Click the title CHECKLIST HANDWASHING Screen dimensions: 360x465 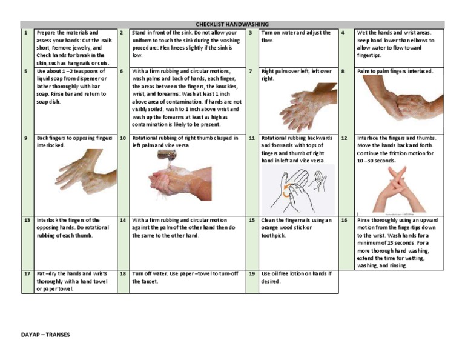click(x=232, y=24)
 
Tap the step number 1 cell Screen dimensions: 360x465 click(x=26, y=33)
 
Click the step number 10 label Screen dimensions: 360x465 click(x=123, y=138)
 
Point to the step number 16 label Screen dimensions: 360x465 click(x=344, y=221)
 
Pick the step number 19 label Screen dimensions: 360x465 click(x=251, y=274)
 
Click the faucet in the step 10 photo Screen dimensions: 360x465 click(x=168, y=155)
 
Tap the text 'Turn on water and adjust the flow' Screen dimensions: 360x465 click(x=295, y=36)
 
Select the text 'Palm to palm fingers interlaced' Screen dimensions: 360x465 click(x=395, y=72)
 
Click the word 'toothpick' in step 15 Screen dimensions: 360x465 click(x=274, y=236)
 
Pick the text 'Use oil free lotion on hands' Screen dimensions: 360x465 click(x=295, y=274)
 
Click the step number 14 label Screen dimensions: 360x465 click(x=123, y=221)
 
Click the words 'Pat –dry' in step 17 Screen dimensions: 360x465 click(x=46, y=274)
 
